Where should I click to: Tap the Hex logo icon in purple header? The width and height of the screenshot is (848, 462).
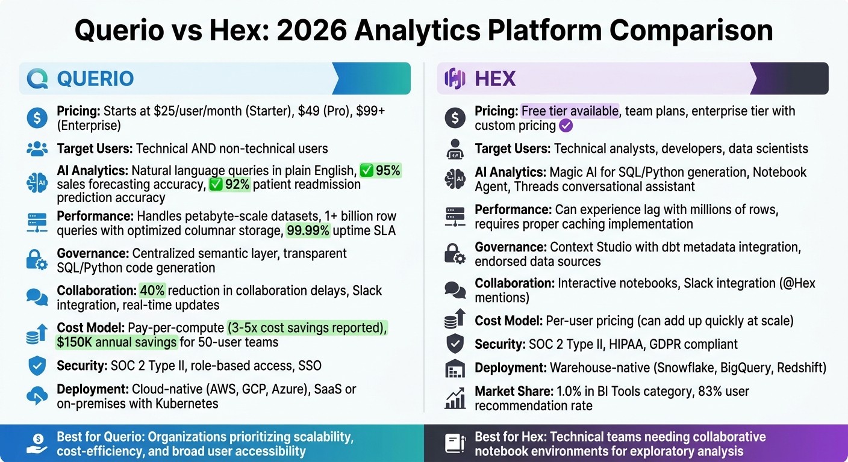coord(455,79)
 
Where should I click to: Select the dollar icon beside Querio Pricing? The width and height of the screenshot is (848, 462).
coord(37,118)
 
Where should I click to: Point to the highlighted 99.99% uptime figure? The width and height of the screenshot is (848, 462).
coord(308,230)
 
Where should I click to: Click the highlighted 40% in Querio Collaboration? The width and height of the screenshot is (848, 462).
coord(152,291)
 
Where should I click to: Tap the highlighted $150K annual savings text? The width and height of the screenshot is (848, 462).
coord(117,342)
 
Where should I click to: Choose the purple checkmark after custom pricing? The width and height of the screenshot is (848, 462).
coord(565,126)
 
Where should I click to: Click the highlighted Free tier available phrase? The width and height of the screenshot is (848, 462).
coord(569,111)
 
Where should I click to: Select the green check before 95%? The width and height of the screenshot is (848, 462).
coord(366,171)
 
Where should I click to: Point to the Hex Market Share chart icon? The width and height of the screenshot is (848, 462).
coord(455,398)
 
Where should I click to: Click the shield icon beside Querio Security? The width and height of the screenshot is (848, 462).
coord(37,366)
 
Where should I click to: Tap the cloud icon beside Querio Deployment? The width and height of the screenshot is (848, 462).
coord(37,395)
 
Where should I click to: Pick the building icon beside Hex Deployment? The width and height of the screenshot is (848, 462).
coord(455,368)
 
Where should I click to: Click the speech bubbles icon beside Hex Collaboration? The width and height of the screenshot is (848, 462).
coord(455,289)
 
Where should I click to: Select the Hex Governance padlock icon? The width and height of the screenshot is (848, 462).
coord(455,254)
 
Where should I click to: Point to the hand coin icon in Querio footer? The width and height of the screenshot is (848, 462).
coord(37,444)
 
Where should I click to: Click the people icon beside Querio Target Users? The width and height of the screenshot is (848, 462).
coord(37,149)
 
